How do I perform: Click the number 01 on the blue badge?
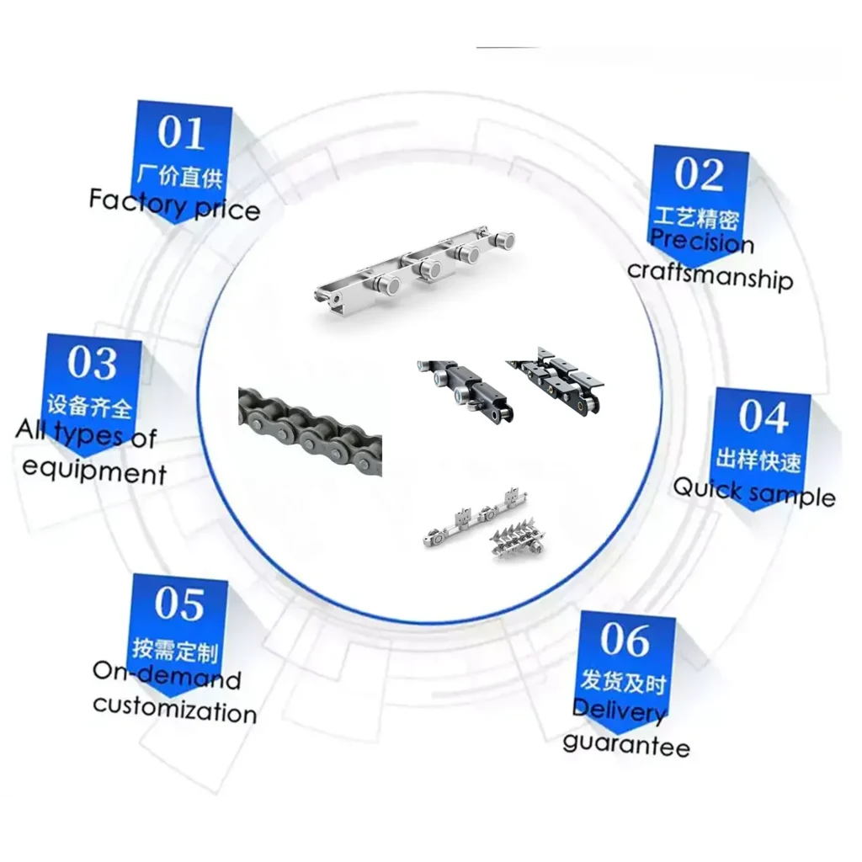(x=181, y=133)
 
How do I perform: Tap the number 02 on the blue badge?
(x=699, y=174)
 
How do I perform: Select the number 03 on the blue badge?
(x=92, y=363)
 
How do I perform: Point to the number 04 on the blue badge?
(x=763, y=416)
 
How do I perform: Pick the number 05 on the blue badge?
(x=179, y=604)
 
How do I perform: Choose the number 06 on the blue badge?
(x=625, y=640)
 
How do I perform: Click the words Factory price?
(x=174, y=205)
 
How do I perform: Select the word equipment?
(x=94, y=471)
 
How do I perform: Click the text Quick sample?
(x=754, y=492)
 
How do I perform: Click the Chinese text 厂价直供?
(x=179, y=176)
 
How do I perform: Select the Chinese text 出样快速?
(x=758, y=460)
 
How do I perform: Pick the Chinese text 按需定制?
(x=175, y=649)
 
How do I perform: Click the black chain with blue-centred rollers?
(x=466, y=390)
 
